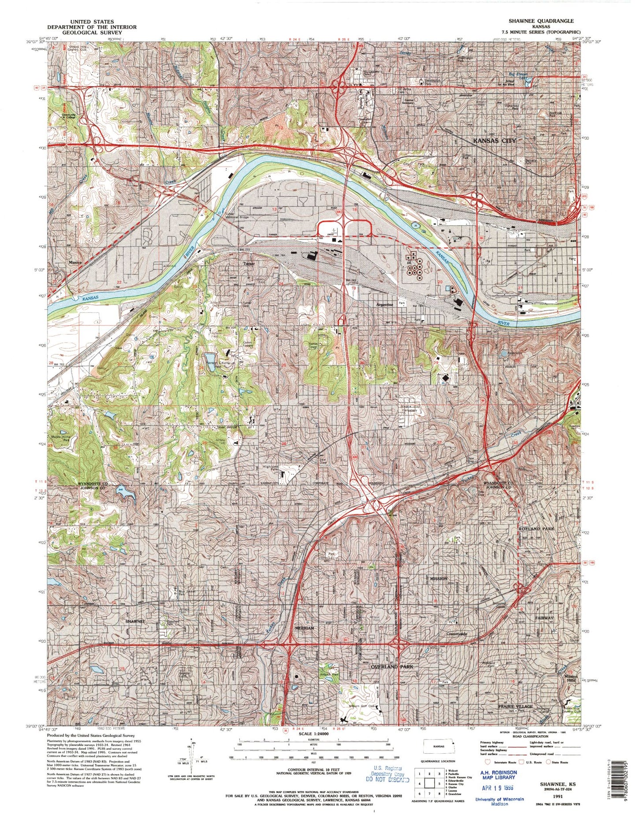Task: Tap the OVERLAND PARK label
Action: pyautogui.click(x=391, y=667)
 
